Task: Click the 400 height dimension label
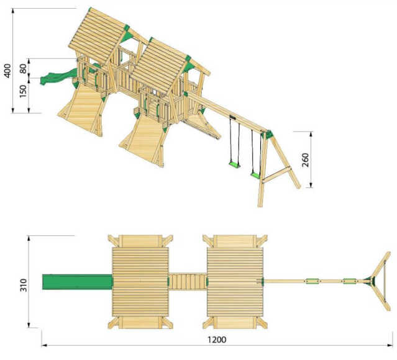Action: [x=8, y=71]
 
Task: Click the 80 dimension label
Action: [x=23, y=68]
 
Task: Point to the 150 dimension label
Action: [x=23, y=91]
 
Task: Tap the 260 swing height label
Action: [x=306, y=160]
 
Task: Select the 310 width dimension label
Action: [x=23, y=285]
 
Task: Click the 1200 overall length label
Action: [x=217, y=340]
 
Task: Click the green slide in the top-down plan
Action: [x=77, y=282]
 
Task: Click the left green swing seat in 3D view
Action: [x=234, y=164]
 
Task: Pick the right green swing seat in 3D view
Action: [x=255, y=175]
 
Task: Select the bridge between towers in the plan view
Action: [x=188, y=282]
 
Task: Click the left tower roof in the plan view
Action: [x=140, y=282]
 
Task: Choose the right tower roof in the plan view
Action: [x=235, y=282]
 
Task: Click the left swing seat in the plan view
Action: [x=313, y=281]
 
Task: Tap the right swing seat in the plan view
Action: [x=350, y=281]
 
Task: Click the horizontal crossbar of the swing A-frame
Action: [x=276, y=174]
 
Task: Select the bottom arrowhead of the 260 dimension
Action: [x=311, y=185]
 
